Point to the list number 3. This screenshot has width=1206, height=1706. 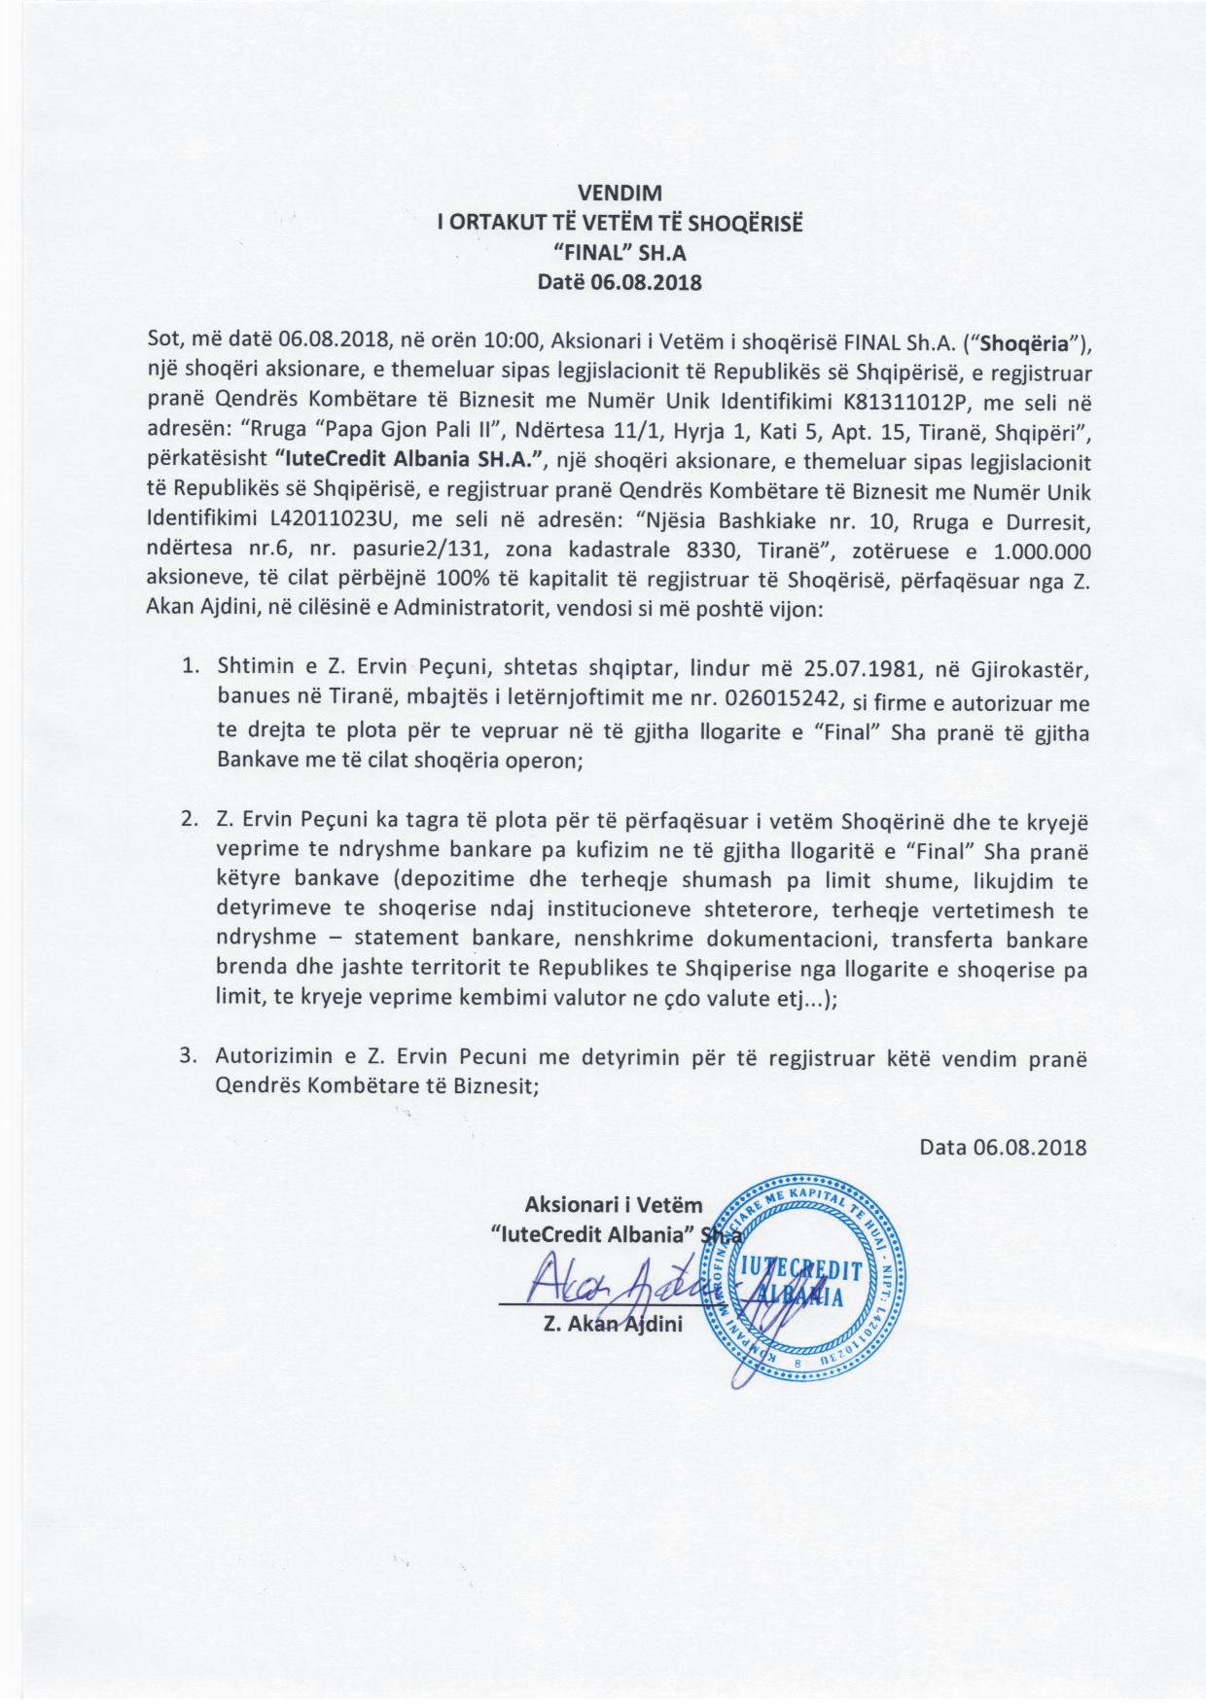pos(189,1057)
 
